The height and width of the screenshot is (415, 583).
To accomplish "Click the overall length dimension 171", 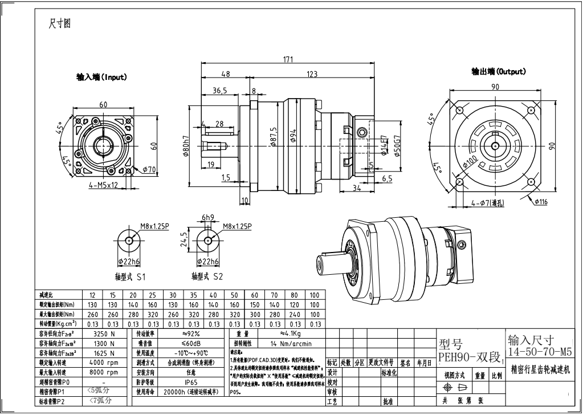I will point(288,59).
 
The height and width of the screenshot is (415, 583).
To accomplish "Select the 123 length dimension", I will point(312,74).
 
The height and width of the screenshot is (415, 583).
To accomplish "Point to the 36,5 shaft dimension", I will point(220,90).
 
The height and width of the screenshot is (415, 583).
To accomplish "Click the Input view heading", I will point(101,77).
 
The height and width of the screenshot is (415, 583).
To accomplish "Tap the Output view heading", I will point(498,71).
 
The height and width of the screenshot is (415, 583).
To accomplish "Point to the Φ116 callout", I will point(541,201).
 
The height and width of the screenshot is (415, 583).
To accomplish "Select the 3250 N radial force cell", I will point(103,333).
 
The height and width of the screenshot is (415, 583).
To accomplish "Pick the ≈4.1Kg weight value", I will point(295,333).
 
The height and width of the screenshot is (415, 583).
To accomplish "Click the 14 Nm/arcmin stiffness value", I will point(291,343).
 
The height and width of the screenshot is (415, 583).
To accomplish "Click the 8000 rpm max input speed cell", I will point(103,372).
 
